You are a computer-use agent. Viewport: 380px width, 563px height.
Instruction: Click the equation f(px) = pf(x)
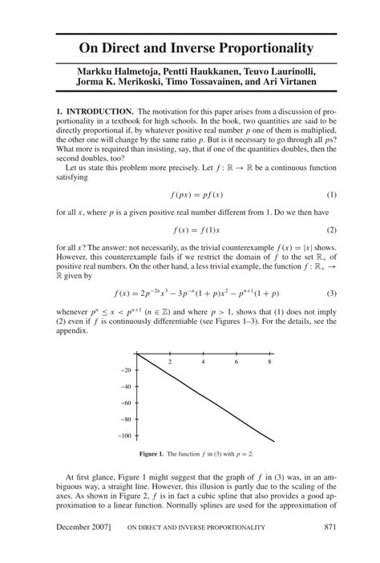(x=189, y=195)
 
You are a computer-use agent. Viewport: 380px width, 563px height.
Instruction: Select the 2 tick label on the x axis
(x=170, y=362)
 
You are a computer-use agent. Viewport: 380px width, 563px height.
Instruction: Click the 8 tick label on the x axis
(x=269, y=362)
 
